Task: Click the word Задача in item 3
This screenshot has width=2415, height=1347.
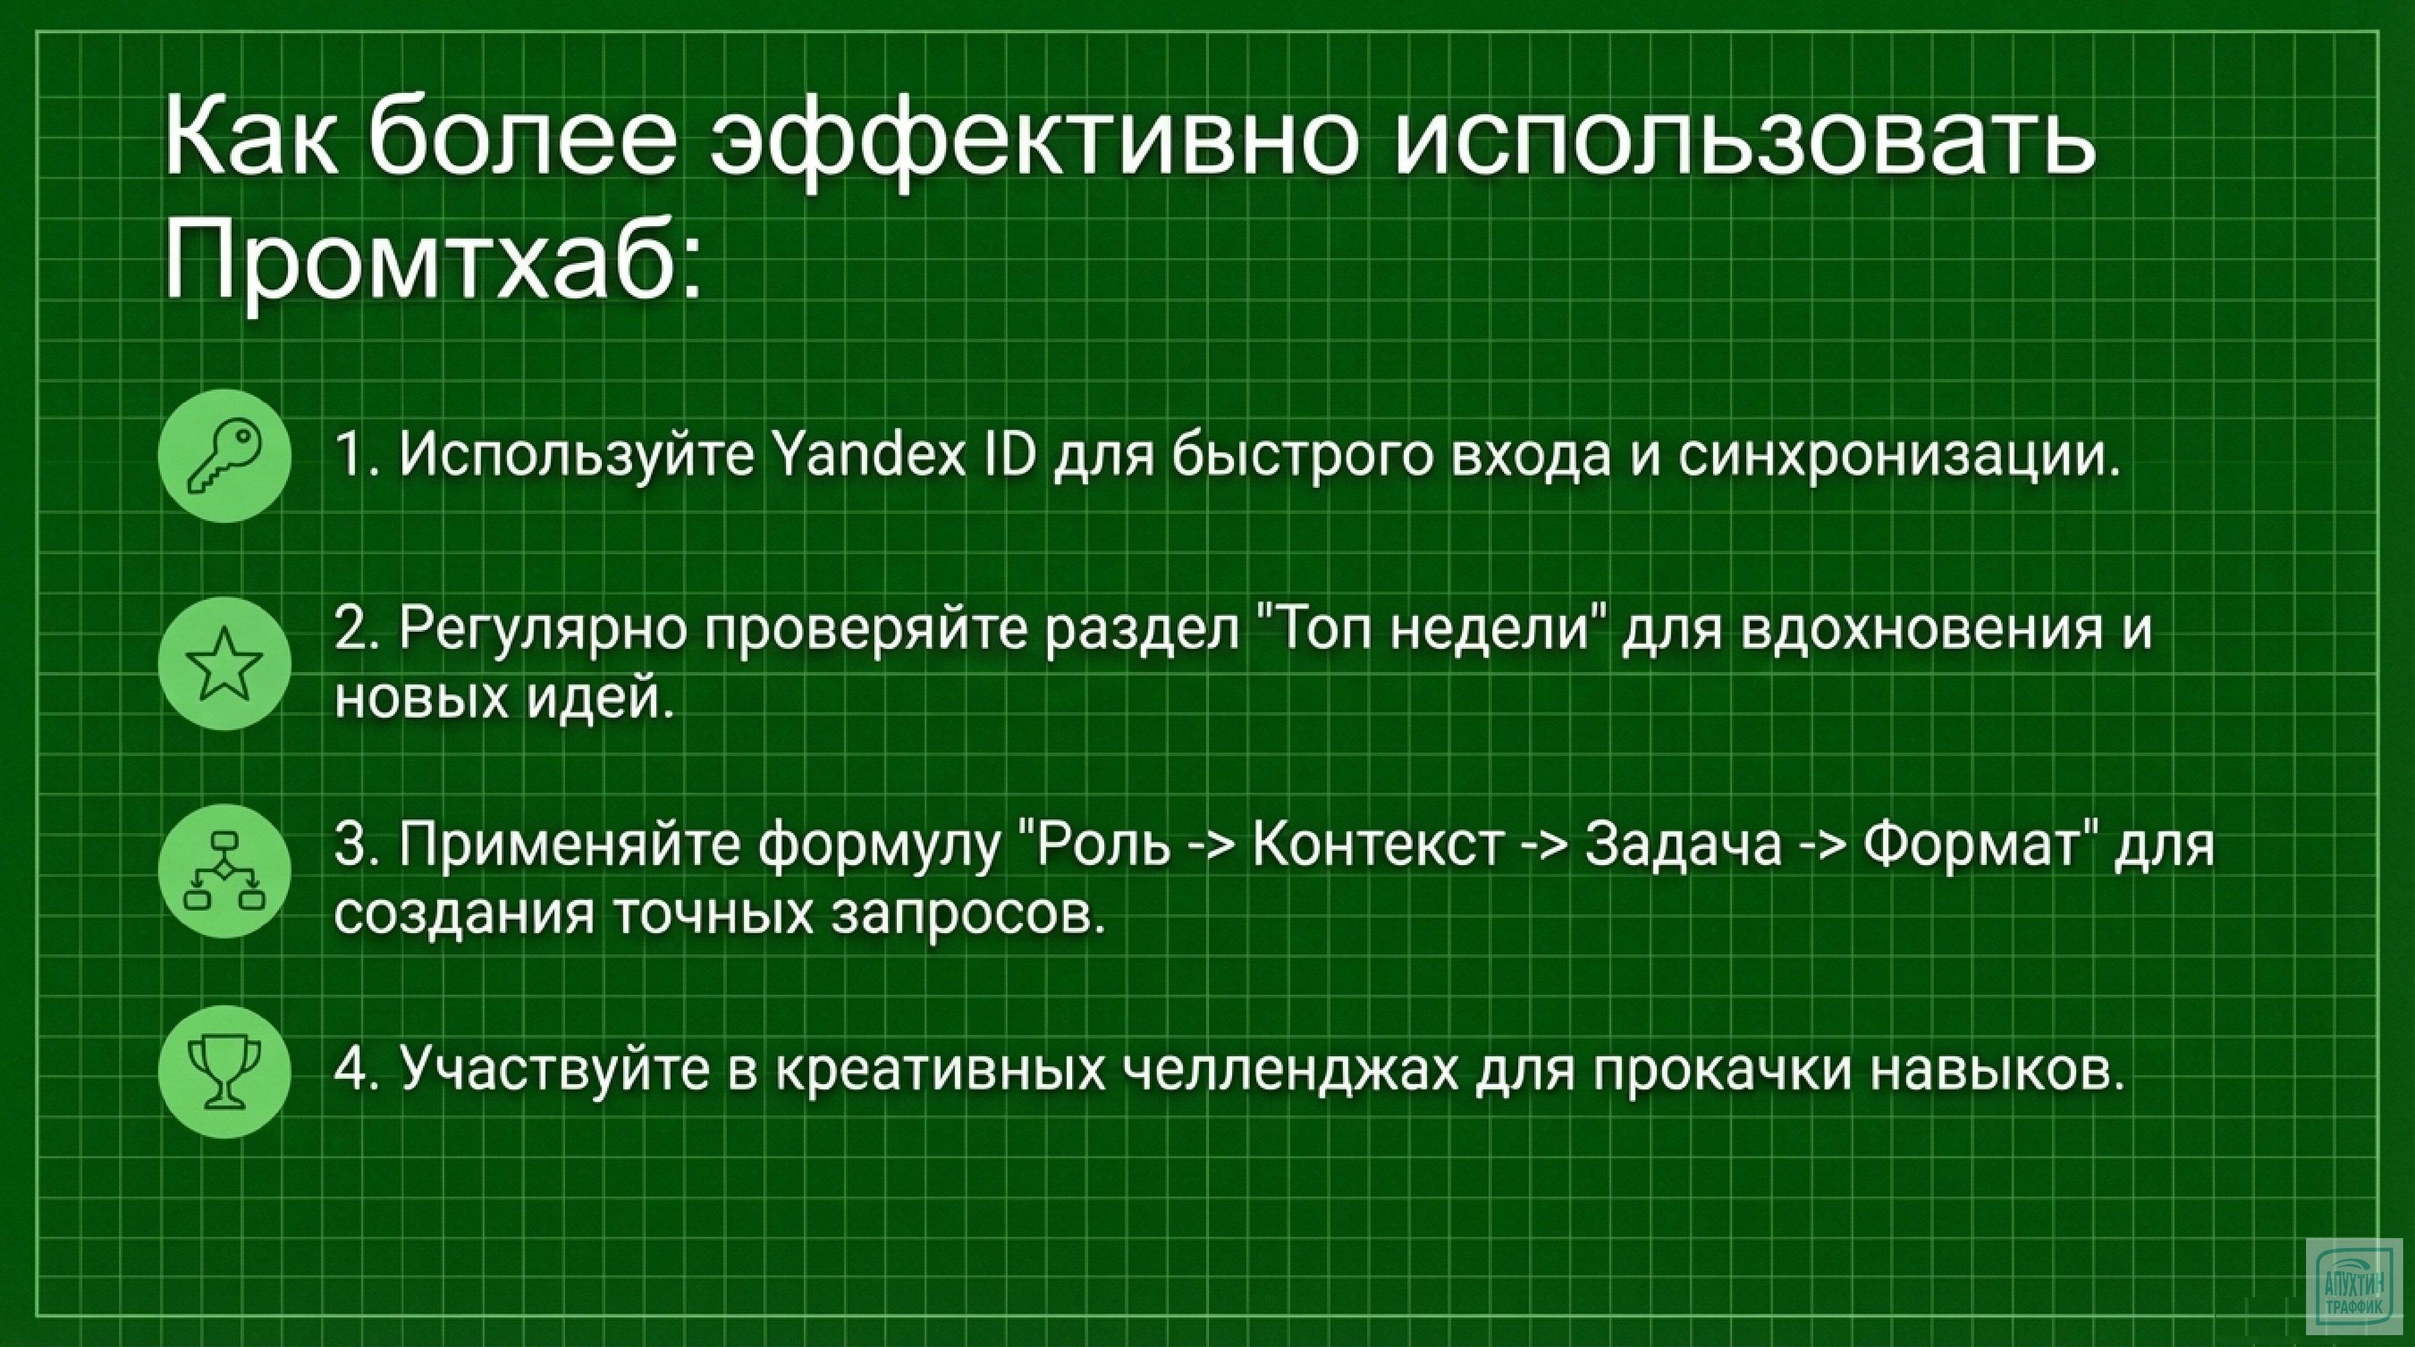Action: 1683,844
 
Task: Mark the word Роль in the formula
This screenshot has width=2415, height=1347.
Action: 1102,844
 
